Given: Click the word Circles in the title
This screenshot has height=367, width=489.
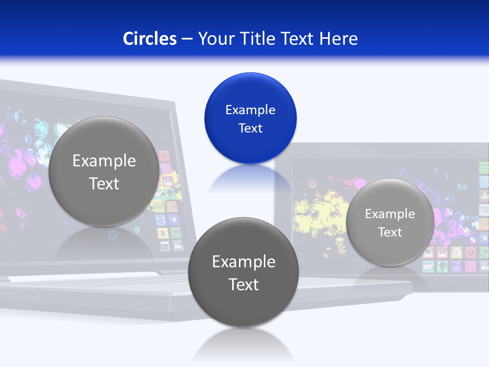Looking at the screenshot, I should [149, 39].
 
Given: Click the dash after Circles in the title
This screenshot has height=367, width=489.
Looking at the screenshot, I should [187, 39].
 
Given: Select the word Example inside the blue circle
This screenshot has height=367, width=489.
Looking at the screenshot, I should [250, 110].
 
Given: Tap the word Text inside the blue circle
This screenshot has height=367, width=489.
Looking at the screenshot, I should [250, 128].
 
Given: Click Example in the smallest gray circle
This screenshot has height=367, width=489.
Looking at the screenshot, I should [390, 214].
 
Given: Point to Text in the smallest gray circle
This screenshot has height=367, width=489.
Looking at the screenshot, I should [390, 232].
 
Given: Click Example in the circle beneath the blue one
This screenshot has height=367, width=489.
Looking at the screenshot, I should [243, 262].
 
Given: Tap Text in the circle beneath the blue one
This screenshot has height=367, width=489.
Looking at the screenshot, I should [243, 284].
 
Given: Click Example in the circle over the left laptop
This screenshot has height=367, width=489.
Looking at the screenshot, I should [104, 161].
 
